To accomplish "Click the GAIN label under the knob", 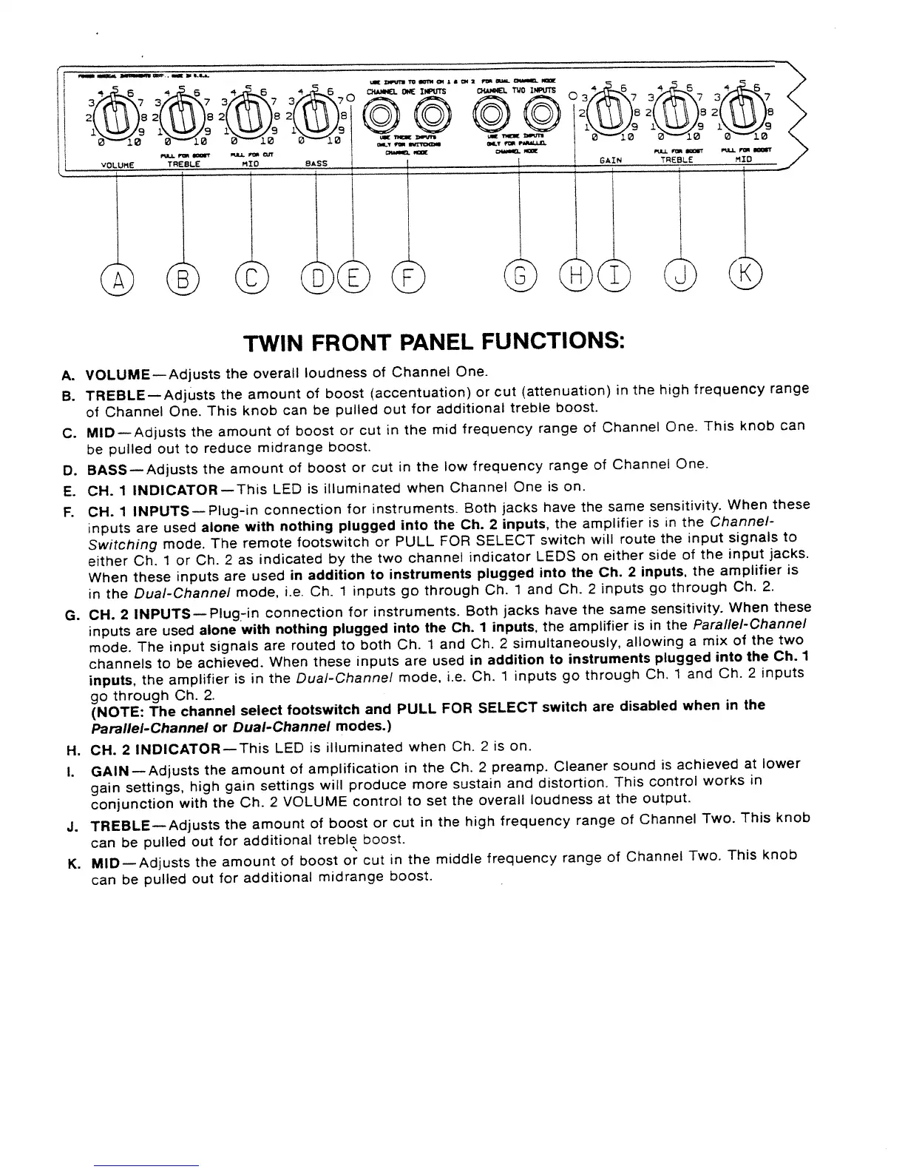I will click(x=611, y=160).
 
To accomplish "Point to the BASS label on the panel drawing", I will click(x=316, y=163).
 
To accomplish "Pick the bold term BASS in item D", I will click(x=107, y=468).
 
